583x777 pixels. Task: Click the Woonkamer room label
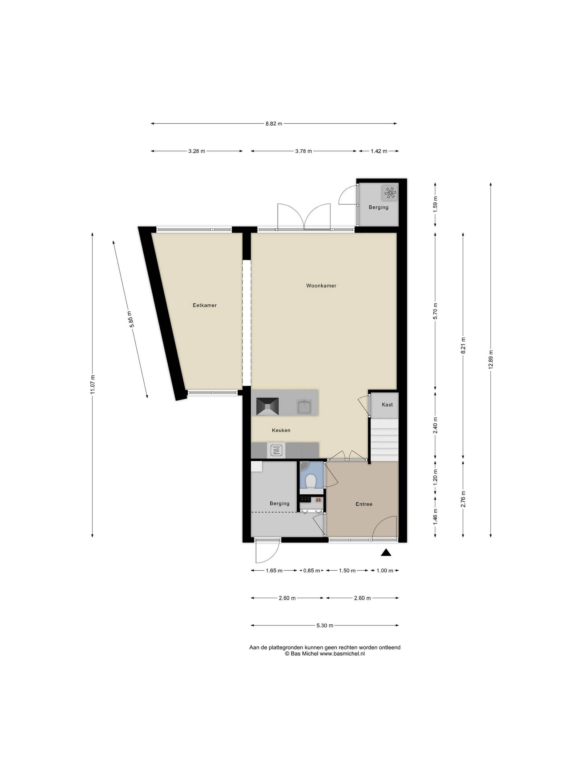321,286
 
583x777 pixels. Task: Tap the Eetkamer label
205,305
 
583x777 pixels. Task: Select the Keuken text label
281,430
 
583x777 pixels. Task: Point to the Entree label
364,504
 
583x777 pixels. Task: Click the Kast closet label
387,405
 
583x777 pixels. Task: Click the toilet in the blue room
311,481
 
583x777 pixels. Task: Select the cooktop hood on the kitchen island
268,407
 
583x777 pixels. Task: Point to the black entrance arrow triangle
386,552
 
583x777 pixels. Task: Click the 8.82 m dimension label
274,124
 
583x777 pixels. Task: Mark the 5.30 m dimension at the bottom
325,626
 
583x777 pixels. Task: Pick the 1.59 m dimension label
435,205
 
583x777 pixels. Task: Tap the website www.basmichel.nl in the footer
342,654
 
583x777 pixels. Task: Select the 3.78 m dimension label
303,151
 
